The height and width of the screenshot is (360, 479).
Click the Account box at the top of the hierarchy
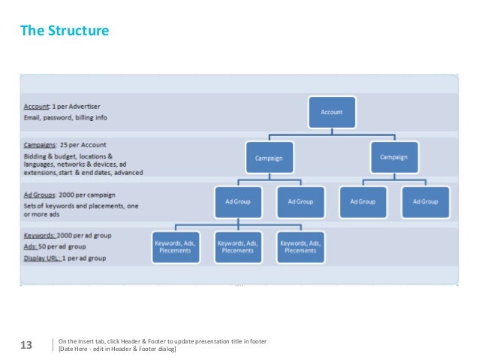[331, 112]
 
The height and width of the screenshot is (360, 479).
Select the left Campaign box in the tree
[268, 158]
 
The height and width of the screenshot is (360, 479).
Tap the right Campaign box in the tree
[394, 157]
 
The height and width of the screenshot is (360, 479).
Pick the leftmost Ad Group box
[238, 201]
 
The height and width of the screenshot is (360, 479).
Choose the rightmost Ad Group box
[425, 201]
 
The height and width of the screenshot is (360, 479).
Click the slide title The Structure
[64, 32]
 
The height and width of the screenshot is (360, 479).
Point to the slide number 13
[26, 346]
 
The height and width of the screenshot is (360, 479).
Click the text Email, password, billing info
[65, 117]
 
